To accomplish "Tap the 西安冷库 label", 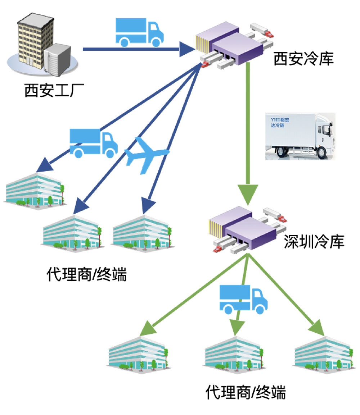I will (x=303, y=59).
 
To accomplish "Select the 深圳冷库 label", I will (x=314, y=242).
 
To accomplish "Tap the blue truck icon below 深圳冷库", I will (x=243, y=299).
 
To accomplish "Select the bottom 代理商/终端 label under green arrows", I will (x=246, y=392).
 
